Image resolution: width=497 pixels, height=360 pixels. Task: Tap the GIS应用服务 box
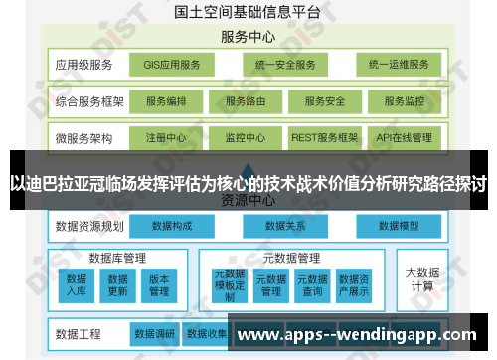(172, 66)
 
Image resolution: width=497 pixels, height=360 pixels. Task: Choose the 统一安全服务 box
(285, 66)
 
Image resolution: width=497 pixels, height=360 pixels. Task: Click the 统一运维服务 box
(398, 66)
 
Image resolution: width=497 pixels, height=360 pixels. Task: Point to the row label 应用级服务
(84, 66)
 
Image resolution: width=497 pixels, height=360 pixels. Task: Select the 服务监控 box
(405, 101)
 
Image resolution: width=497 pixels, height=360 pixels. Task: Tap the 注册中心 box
(166, 137)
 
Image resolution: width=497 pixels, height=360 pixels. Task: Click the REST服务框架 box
(325, 137)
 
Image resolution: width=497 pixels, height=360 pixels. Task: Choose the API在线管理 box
(405, 137)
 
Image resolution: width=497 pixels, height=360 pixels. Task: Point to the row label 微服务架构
(84, 137)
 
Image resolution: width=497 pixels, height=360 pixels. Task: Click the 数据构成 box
(173, 226)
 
